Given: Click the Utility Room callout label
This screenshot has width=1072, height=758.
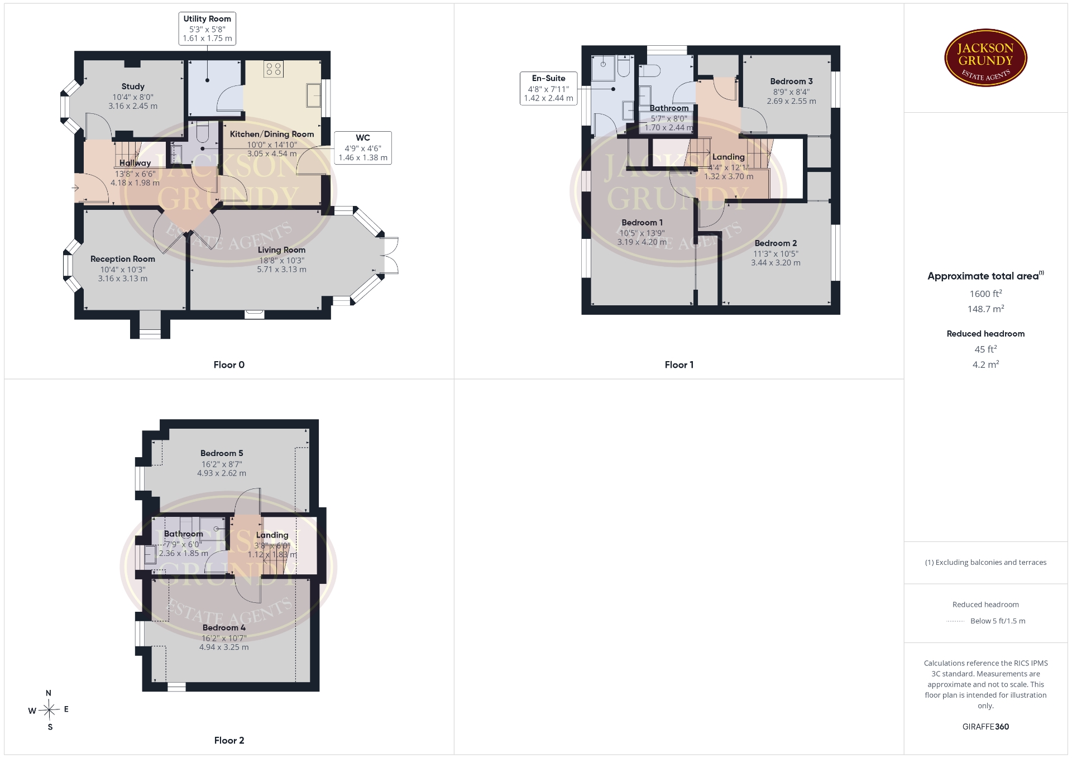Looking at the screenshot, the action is click(x=207, y=18).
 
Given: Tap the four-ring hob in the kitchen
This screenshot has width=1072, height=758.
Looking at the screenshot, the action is click(x=274, y=69).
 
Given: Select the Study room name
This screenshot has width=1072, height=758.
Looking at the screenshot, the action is click(x=133, y=87).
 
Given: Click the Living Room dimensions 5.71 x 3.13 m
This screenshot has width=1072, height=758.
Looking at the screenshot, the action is click(x=281, y=270).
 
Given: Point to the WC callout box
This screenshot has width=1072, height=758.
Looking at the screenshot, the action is click(x=363, y=148).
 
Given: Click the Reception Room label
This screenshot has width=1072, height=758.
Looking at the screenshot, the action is click(x=123, y=259).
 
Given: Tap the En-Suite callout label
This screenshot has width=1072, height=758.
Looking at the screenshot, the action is click(x=548, y=78).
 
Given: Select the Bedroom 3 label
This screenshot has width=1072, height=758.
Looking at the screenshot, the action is click(x=791, y=81).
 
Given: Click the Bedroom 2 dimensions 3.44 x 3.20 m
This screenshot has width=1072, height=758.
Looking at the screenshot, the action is click(x=776, y=263).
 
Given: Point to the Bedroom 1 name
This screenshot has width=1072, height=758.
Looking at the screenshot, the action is click(x=642, y=223).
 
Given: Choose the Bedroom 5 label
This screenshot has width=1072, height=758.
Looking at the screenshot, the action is click(x=222, y=453).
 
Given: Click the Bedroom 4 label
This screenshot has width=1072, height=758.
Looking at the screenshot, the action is click(x=224, y=628).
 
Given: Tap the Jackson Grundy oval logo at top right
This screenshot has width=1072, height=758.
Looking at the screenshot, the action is click(x=986, y=58).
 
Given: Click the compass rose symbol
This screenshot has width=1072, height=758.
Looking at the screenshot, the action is click(x=49, y=710).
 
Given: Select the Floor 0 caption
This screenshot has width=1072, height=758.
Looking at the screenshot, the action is click(x=229, y=365).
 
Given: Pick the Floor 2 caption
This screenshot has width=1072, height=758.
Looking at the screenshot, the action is click(x=229, y=741).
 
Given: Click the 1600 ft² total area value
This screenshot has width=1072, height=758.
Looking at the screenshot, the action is click(x=985, y=294).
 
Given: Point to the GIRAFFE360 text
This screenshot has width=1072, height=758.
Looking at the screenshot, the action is click(x=985, y=727).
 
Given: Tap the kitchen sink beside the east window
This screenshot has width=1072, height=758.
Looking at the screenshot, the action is click(x=313, y=95).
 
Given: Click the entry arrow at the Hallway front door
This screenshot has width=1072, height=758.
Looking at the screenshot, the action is click(x=75, y=189).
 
